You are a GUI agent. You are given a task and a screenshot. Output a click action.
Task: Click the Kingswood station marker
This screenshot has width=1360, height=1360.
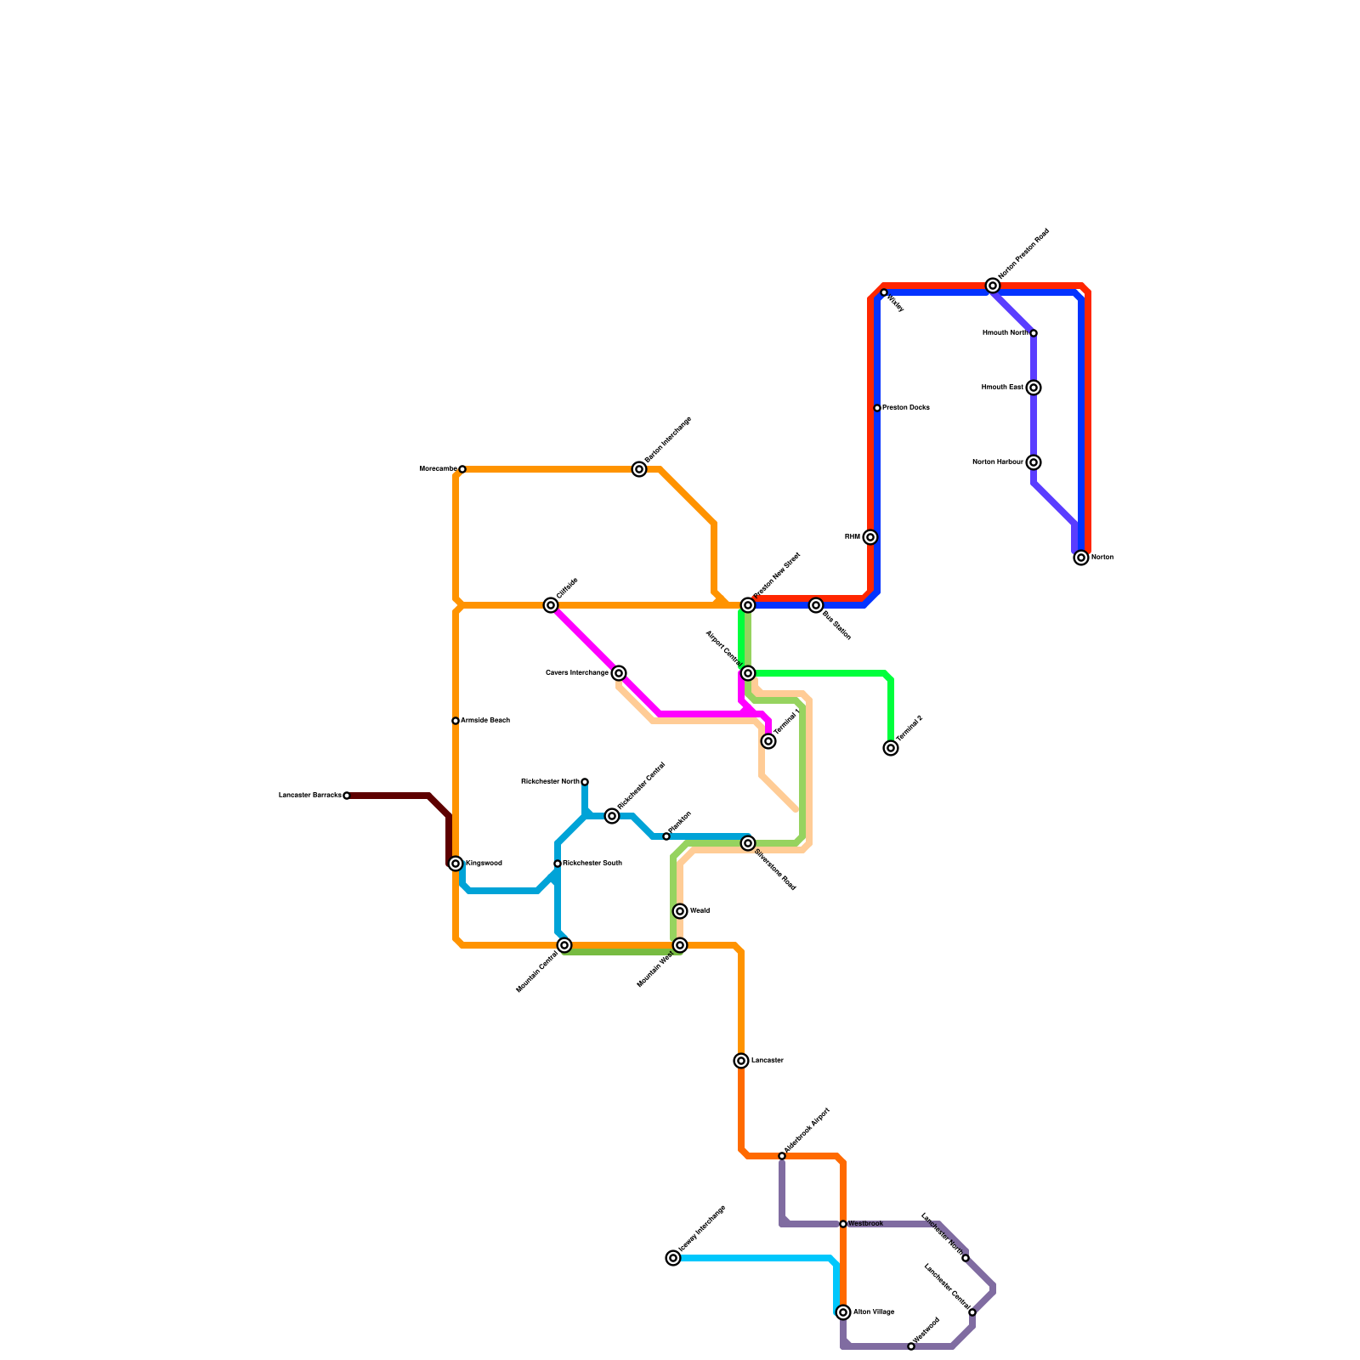456,864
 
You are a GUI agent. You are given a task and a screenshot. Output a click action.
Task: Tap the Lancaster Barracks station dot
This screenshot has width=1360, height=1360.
347,796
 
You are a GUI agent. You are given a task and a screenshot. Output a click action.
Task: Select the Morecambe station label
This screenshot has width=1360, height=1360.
438,469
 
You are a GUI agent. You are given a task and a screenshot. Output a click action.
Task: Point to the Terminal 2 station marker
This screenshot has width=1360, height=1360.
891,748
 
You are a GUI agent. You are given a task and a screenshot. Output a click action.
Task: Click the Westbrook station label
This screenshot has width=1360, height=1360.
866,1224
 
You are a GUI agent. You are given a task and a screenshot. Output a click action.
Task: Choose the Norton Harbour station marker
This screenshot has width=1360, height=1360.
1034,462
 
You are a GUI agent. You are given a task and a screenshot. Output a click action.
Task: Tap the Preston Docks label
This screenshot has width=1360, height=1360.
905,408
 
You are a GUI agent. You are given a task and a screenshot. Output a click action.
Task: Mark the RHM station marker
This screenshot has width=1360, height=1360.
870,537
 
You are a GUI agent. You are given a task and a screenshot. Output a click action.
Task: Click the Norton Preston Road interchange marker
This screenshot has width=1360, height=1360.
993,286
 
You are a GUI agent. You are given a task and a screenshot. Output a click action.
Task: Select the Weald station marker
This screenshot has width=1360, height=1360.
680,911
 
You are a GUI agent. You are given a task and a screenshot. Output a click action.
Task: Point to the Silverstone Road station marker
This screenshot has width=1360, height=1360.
748,843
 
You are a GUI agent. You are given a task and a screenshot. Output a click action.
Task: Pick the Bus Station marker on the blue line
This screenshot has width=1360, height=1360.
816,605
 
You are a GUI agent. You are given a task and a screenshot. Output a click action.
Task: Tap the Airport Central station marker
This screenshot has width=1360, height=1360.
748,673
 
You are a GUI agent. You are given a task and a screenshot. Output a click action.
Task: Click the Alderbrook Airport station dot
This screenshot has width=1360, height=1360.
782,1156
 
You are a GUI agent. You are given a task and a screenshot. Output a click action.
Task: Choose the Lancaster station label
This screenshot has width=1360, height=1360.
768,1061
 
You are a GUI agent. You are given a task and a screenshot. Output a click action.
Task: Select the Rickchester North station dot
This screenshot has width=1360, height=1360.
585,782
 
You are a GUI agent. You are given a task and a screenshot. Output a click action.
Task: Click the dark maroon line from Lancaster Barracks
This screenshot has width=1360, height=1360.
391,796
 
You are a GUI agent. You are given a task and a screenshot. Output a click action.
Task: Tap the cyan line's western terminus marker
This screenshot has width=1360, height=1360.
673,1258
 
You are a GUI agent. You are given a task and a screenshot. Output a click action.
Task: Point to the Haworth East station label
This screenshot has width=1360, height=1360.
1002,388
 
